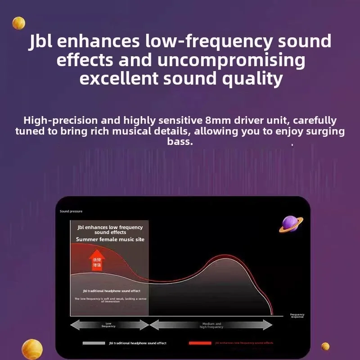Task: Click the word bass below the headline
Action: click(179, 142)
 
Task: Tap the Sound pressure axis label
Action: click(71, 211)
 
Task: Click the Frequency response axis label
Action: click(297, 316)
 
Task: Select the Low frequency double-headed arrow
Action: click(109, 324)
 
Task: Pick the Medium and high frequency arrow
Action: click(211, 324)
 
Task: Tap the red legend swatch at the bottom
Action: click(199, 343)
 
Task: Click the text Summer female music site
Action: click(110, 239)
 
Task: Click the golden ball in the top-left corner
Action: click(18, 22)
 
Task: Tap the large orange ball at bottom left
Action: click(32, 349)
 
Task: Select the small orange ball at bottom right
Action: click(325, 346)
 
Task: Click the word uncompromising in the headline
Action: click(230, 60)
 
